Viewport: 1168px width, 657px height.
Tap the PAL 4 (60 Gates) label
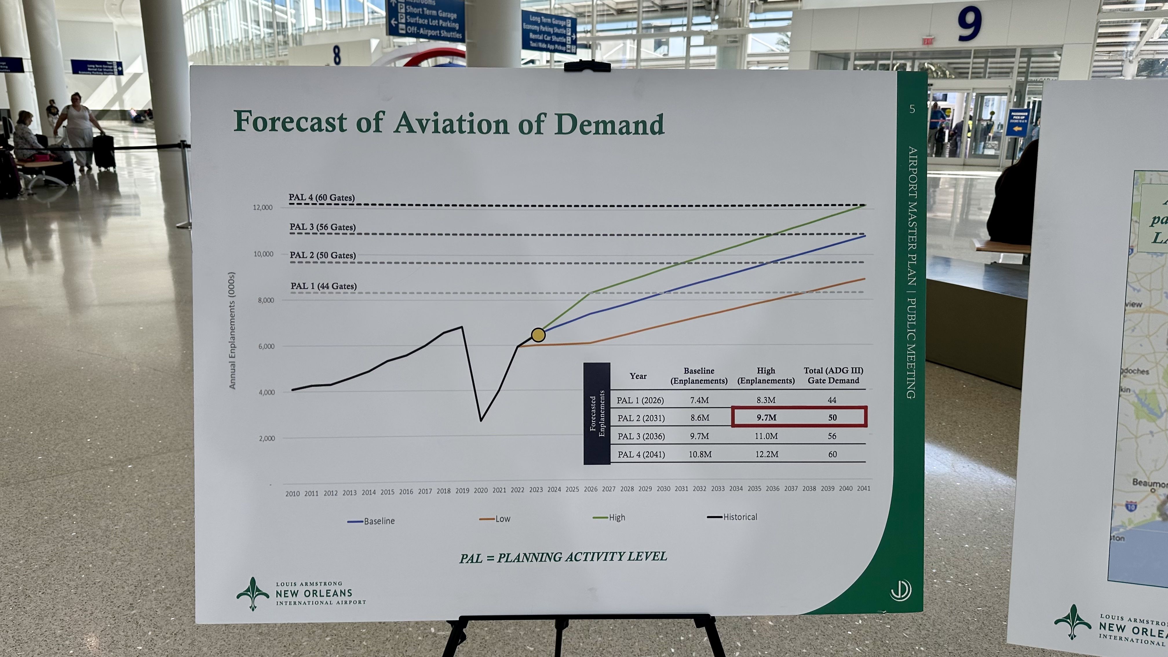(322, 198)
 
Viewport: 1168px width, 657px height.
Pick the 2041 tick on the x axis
(863, 488)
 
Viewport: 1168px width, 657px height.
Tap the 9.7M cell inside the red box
(766, 418)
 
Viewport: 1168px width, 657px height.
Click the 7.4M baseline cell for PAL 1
(699, 400)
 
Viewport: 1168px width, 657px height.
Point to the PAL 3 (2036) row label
(641, 436)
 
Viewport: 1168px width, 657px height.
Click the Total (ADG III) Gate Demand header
(833, 375)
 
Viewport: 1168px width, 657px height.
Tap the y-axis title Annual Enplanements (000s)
(232, 331)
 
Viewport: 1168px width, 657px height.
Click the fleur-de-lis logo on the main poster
(253, 593)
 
